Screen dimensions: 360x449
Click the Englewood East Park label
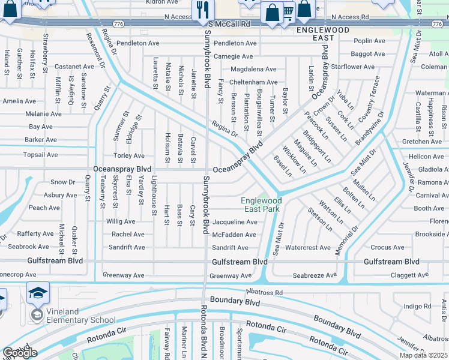tap(261, 205)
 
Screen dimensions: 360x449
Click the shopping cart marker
tap(288, 11)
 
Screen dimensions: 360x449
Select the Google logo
tap(20, 353)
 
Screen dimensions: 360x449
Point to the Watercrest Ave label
tap(307, 247)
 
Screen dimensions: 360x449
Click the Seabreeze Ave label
tap(315, 275)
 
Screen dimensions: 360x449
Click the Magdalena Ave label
tap(253, 70)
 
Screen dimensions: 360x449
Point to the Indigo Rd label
tap(418, 307)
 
